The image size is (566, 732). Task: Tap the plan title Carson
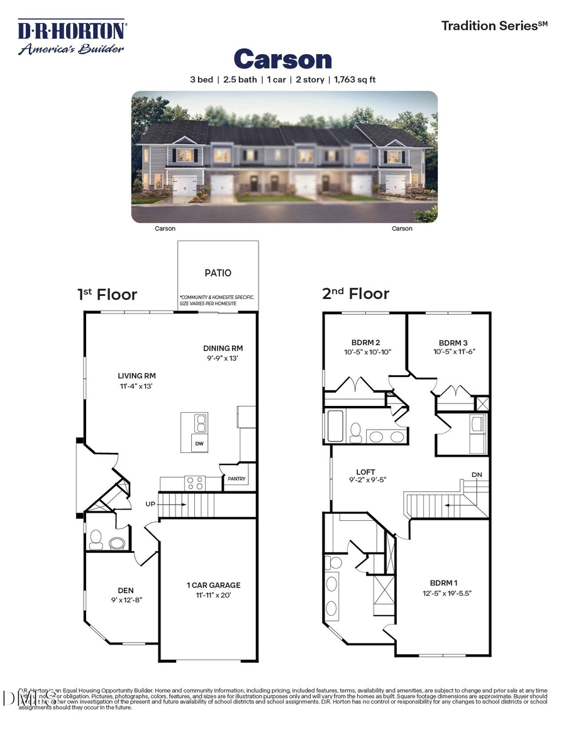[282, 60]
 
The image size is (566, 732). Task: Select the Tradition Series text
[494, 26]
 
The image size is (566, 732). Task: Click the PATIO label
[218, 273]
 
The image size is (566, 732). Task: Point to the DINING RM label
[223, 348]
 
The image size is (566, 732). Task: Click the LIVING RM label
[136, 376]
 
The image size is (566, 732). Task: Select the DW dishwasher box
[200, 444]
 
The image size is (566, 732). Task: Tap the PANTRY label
[237, 479]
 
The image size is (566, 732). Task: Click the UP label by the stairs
[151, 504]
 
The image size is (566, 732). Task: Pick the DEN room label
[126, 590]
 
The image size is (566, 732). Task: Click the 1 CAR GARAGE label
[213, 585]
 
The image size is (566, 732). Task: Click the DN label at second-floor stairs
[477, 474]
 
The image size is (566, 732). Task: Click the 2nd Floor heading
[355, 293]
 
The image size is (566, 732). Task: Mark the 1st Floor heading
[107, 294]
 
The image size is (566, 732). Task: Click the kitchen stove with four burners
[195, 483]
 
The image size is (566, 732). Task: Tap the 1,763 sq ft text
[349, 80]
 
